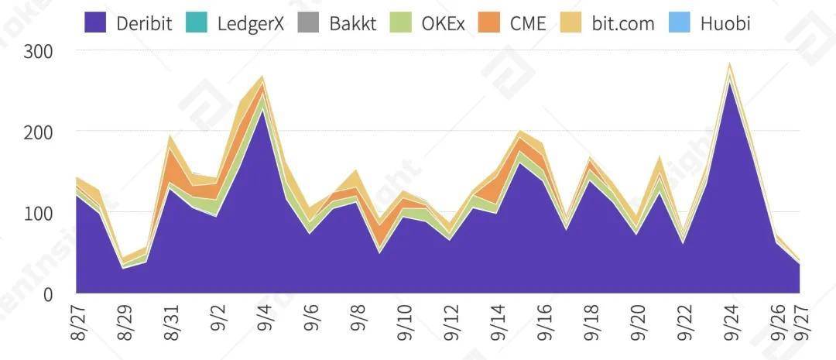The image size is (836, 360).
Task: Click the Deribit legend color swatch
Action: (x=96, y=22)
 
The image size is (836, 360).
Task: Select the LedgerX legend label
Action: (x=251, y=23)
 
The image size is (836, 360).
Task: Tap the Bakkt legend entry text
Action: (x=352, y=23)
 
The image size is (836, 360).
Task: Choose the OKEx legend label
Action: (x=443, y=23)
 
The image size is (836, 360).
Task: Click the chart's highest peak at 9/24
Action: (x=729, y=65)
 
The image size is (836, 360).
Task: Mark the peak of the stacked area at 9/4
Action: (x=262, y=77)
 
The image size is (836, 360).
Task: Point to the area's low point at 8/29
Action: (x=122, y=262)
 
